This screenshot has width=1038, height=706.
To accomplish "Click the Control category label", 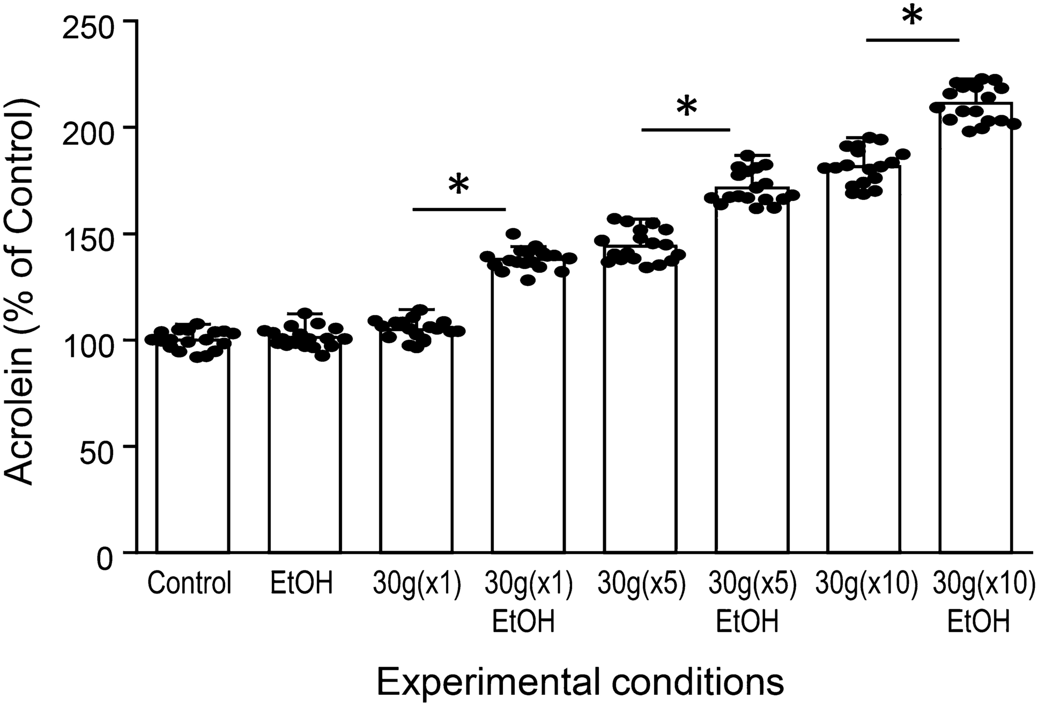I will (x=190, y=584).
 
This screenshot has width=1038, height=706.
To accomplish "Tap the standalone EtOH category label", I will (x=302, y=584).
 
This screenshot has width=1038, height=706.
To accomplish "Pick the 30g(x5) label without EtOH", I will (x=642, y=584).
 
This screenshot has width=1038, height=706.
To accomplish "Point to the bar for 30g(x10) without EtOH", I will (x=863, y=364).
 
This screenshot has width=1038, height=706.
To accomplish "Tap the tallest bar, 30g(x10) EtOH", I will (x=976, y=332).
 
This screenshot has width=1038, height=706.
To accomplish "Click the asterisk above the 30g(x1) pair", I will (x=458, y=184).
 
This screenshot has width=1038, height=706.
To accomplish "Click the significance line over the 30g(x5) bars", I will (x=686, y=130).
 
